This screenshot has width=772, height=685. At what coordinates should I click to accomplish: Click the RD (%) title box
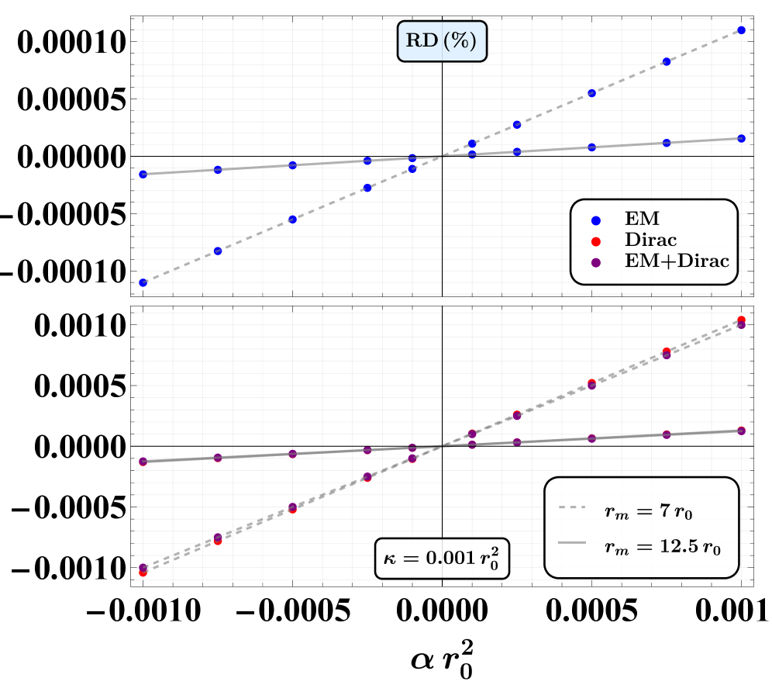442,41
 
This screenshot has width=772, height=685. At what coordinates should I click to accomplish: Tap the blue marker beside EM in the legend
596,220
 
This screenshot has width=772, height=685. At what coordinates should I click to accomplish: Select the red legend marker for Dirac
596,241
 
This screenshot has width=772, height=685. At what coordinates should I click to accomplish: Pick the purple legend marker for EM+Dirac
596,262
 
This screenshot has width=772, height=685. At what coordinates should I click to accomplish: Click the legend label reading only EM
642,220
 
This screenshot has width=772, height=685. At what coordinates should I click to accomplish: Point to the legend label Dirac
650,240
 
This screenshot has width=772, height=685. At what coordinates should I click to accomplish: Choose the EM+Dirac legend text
677,261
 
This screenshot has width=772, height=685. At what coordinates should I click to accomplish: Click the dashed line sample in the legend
571,509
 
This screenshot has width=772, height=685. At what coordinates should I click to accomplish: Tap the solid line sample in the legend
571,545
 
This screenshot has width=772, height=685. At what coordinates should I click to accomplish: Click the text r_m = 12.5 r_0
662,546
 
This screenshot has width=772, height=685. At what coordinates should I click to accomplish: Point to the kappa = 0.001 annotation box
442,558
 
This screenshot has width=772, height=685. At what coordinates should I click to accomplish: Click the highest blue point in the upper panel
742,30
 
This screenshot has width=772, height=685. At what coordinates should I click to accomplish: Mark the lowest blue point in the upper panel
143,283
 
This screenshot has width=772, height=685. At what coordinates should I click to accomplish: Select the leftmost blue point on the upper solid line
143,175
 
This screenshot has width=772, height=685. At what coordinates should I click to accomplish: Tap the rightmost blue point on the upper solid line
742,138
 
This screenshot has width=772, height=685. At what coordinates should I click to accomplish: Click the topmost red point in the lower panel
742,320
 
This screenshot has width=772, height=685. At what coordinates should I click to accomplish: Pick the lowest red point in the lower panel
143,573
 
